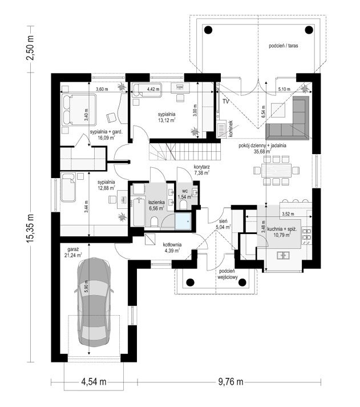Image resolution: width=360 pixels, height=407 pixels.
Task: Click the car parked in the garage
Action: pyautogui.click(x=94, y=302)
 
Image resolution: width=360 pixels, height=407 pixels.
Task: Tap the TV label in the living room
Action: pyautogui.click(x=226, y=102)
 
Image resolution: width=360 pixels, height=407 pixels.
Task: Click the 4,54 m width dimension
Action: pyautogui.click(x=94, y=381)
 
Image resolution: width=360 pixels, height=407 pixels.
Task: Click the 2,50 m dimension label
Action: pyautogui.click(x=30, y=47)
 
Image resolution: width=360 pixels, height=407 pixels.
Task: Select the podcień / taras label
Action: pyautogui.click(x=283, y=46)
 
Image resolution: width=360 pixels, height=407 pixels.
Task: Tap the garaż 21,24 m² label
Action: pyautogui.click(x=73, y=252)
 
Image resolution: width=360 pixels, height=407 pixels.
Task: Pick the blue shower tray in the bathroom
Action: pyautogui.click(x=183, y=221)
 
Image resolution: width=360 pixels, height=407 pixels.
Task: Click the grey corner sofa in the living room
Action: pyautogui.click(x=288, y=118)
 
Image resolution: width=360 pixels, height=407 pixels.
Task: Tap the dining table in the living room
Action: pyautogui.click(x=276, y=170)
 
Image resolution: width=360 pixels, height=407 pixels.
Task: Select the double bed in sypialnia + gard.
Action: pyautogui.click(x=79, y=109)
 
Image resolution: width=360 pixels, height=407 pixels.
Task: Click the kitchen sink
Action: pyautogui.click(x=283, y=255)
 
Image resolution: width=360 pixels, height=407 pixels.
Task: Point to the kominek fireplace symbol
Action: pyautogui.click(x=221, y=129)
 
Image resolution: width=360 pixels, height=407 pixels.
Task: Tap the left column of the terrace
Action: pyautogui.click(x=208, y=30)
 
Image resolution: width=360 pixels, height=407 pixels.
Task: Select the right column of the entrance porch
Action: pyautogui.click(x=242, y=282)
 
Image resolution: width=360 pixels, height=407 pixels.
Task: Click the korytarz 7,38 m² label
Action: pyautogui.click(x=201, y=170)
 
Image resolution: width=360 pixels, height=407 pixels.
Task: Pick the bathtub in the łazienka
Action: pyautogui.click(x=139, y=212)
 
